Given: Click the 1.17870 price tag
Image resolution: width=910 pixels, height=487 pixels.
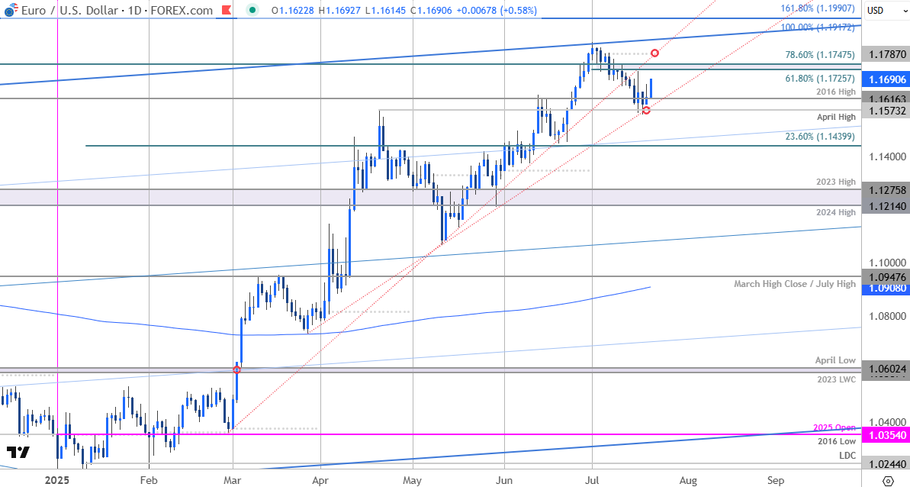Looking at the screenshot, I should [886, 54].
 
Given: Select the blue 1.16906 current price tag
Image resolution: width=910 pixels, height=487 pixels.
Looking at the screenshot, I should [886, 79].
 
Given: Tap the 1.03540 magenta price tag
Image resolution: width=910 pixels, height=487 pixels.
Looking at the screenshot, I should [886, 434].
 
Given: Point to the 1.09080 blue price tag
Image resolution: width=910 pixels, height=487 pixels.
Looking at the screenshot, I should [886, 289].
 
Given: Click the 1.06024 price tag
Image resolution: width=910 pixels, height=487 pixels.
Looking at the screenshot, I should [886, 369].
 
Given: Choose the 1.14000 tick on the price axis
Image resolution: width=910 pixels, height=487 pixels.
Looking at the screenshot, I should [886, 156].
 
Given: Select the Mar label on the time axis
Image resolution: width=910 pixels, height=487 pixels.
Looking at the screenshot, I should [233, 481].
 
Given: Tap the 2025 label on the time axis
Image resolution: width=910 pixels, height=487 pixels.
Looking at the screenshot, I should [57, 481].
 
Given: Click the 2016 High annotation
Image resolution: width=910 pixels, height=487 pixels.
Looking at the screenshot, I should [836, 92].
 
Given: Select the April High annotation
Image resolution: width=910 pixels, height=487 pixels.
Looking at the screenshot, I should [836, 118].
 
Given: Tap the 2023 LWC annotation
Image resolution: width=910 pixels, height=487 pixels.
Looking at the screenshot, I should [836, 379].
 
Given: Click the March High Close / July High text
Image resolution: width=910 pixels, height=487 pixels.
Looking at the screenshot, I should [795, 284].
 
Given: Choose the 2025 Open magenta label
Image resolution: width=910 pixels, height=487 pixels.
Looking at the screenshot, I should [834, 427].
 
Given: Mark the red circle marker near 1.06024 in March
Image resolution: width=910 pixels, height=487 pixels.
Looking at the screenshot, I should [236, 369].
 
